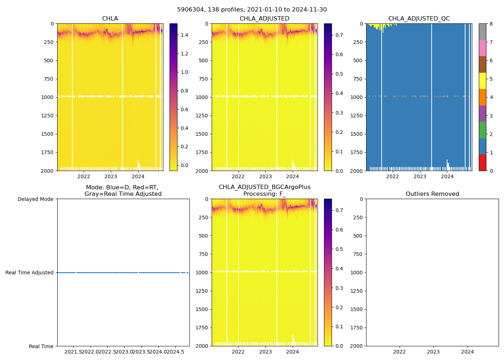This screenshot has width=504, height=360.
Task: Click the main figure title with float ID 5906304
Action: click(x=252, y=10)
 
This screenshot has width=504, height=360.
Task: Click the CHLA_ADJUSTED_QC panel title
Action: click(x=419, y=19)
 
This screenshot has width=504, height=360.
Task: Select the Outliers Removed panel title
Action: click(x=432, y=194)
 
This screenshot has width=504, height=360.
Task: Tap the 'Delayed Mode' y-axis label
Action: click(x=35, y=199)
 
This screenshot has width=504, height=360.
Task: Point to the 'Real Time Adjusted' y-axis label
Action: click(x=29, y=273)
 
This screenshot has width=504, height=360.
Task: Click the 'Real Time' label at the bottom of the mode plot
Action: click(x=41, y=346)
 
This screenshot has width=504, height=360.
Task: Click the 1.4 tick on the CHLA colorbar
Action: click(x=184, y=35)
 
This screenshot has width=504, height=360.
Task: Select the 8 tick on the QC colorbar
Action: click(x=491, y=24)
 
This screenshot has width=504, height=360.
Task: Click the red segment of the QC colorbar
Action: click(x=482, y=162)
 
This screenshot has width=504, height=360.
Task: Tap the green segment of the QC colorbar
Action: click(x=482, y=130)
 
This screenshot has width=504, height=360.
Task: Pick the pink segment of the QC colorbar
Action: click(x=482, y=48)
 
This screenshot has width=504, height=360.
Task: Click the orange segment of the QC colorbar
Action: click(x=482, y=97)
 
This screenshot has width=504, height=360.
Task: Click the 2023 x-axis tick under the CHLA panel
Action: click(x=111, y=176)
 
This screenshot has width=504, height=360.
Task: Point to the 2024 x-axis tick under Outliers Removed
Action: click(x=468, y=352)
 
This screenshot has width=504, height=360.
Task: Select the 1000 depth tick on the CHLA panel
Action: click(x=47, y=97)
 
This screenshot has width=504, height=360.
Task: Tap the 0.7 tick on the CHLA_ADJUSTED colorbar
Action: click(x=339, y=35)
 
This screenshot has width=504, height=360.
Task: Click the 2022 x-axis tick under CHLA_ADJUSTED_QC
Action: click(x=392, y=176)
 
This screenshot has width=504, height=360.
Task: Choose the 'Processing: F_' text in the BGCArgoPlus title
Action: click(x=264, y=194)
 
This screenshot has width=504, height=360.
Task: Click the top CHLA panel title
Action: click(x=110, y=19)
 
